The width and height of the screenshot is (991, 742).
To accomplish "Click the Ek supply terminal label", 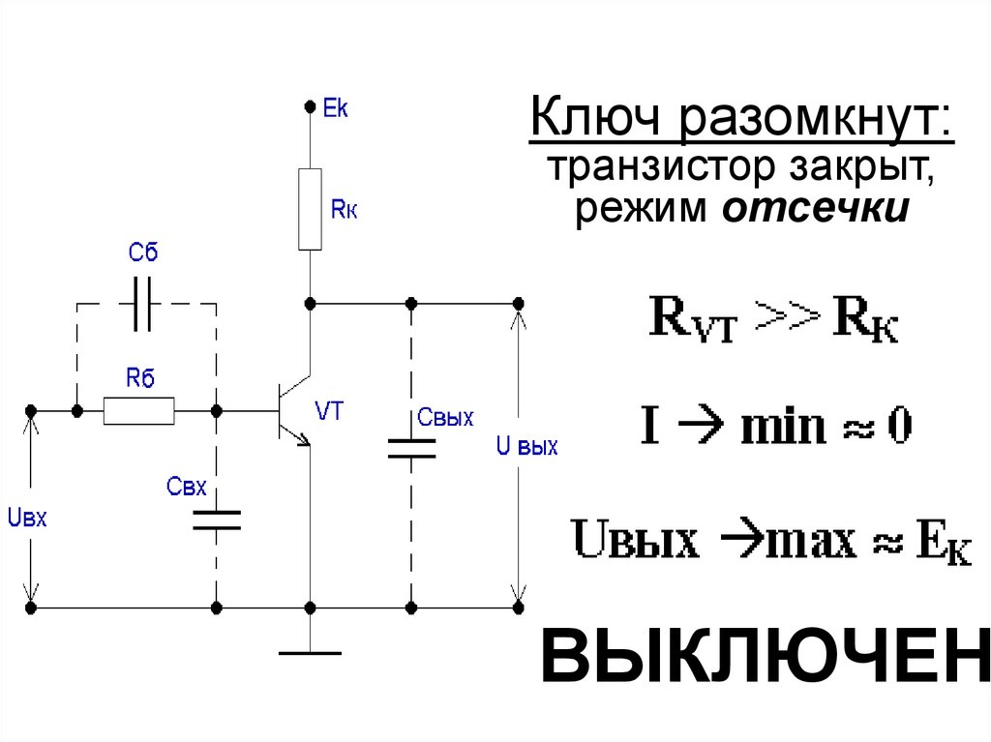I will pos(336,107).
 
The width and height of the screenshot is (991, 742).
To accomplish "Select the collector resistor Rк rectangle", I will pos(310,208).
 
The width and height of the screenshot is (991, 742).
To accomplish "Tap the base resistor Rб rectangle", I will pos(139,411).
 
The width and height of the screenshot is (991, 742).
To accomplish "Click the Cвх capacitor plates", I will pos(216,519).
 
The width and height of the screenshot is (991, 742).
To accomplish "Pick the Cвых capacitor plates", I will pos(411,448).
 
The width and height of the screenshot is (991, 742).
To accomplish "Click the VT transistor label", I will pos(329,410).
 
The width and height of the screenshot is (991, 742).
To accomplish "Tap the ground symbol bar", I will pos(310,653).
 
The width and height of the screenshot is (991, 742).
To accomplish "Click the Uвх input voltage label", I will pos(27,518).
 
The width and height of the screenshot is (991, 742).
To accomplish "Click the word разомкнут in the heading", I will pos(815,123).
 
